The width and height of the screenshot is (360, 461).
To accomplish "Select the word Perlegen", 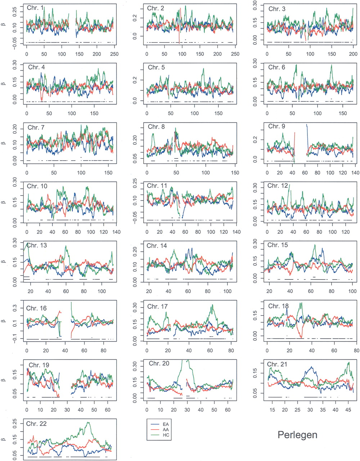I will click(297, 435).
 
